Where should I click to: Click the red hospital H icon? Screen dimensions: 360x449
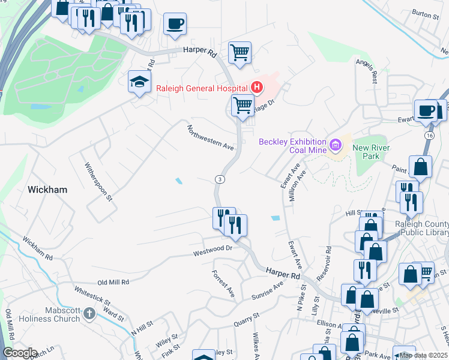tap(257, 88)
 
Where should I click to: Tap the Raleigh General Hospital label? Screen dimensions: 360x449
tap(202, 88)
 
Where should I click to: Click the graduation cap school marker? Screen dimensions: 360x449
tap(139, 82)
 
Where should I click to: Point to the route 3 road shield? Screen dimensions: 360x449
tap(220, 179)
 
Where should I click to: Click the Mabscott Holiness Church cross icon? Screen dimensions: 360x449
tap(89, 313)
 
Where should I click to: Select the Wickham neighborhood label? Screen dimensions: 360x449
tap(47, 189)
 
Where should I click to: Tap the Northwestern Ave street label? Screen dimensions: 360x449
tap(210, 137)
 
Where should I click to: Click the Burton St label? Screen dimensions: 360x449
tap(425, 13)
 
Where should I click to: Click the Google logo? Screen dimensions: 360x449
tap(20, 353)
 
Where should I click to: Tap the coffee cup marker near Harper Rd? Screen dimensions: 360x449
tap(175, 23)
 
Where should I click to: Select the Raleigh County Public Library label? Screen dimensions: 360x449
tap(421, 228)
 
